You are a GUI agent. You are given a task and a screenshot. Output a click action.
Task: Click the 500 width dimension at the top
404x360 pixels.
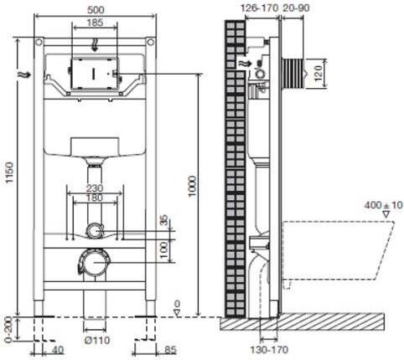click(96, 10)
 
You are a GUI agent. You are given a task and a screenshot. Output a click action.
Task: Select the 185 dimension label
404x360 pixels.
click(95, 23)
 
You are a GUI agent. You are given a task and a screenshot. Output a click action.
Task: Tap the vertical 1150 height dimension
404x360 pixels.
click(10, 172)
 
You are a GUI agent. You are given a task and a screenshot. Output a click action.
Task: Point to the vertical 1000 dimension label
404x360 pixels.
click(192, 187)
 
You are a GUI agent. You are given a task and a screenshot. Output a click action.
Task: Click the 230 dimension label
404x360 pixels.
click(95, 188)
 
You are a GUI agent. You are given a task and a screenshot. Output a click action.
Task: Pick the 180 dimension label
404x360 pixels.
click(95, 198)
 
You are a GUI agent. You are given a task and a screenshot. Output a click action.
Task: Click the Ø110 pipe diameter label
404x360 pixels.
click(97, 340)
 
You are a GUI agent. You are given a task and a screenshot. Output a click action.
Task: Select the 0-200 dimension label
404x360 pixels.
click(9, 329)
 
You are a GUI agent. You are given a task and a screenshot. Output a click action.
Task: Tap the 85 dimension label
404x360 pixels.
click(169, 350)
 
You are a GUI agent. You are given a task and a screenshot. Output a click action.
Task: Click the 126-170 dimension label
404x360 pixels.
click(260, 8)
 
